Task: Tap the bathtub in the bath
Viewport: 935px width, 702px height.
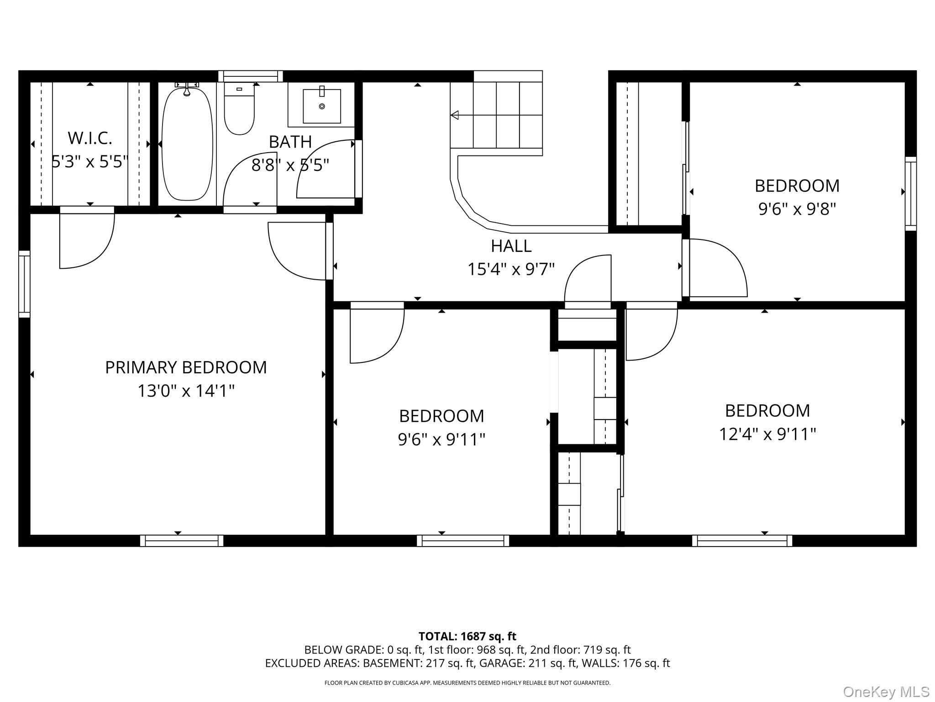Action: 187,144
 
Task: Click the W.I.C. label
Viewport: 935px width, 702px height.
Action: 90,138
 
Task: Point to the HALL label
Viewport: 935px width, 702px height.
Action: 511,246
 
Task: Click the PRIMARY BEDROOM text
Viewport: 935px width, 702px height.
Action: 186,367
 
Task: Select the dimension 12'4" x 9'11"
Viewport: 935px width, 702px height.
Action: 767,434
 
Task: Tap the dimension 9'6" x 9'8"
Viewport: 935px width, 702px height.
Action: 797,209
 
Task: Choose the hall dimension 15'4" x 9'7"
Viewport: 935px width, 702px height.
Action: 511,269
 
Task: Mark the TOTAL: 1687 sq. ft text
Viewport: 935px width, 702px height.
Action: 467,636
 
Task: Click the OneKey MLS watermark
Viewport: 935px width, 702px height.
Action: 886,692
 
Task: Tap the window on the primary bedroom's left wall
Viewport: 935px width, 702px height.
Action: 24,284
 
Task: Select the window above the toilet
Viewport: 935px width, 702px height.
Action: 250,76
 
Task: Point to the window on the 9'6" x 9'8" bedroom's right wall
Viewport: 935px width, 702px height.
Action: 911,194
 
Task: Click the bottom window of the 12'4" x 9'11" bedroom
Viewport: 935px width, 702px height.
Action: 742,541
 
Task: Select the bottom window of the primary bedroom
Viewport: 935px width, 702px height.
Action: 182,541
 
